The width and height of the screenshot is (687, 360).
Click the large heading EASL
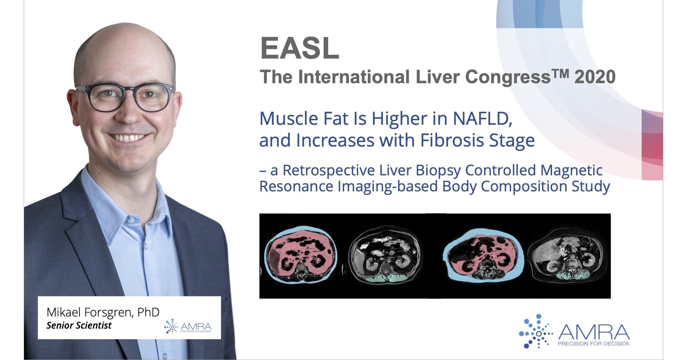click(300, 48)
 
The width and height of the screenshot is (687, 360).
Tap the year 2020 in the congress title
click(595, 77)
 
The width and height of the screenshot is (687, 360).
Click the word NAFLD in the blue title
click(482, 119)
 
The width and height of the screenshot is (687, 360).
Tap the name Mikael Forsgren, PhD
click(103, 312)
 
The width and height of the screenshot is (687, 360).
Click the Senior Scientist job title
click(79, 325)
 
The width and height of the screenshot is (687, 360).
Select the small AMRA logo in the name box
click(188, 326)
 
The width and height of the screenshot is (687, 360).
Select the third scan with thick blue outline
click(483, 256)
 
